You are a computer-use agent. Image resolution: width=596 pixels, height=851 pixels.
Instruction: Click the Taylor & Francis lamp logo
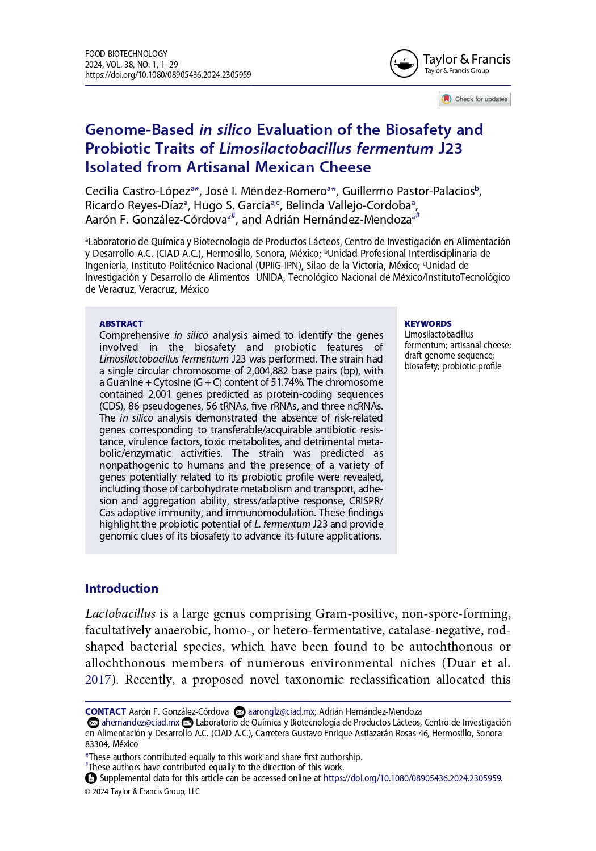[404, 64]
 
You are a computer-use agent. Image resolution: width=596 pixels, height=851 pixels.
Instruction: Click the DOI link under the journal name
[168, 75]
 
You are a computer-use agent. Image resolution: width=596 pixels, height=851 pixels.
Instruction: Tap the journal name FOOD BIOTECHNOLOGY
[126, 54]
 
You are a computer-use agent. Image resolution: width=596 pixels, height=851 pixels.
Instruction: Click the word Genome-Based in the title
[140, 130]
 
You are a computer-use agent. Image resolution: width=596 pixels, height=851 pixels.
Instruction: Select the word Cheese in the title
[345, 167]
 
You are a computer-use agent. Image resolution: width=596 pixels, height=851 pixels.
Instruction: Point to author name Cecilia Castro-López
[138, 191]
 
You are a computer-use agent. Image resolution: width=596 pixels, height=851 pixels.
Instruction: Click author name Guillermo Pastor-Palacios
[408, 191]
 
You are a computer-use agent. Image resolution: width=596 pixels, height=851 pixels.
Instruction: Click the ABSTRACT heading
[121, 323]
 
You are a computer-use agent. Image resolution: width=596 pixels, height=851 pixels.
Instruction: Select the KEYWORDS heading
[428, 323]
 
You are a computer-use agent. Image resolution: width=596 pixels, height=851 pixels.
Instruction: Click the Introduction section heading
[121, 588]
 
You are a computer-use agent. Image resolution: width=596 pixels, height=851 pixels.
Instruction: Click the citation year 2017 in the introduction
[98, 680]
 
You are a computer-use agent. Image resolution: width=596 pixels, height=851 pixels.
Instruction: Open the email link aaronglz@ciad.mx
[281, 711]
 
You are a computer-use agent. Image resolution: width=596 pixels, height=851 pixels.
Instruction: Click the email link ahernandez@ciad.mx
[140, 722]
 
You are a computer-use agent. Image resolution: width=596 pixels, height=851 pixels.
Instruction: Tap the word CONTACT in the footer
[106, 711]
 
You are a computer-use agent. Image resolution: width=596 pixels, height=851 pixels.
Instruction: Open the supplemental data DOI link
[412, 778]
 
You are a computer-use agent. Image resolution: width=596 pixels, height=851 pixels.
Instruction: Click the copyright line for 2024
[142, 791]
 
